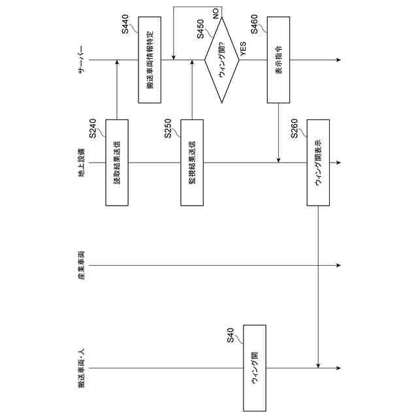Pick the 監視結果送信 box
pyautogui.click(x=192, y=162)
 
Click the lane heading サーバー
pyautogui.click(x=82, y=60)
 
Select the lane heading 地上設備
pyautogui.click(x=82, y=163)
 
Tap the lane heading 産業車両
pyautogui.click(x=82, y=265)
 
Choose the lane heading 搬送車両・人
pyautogui.click(x=82, y=367)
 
